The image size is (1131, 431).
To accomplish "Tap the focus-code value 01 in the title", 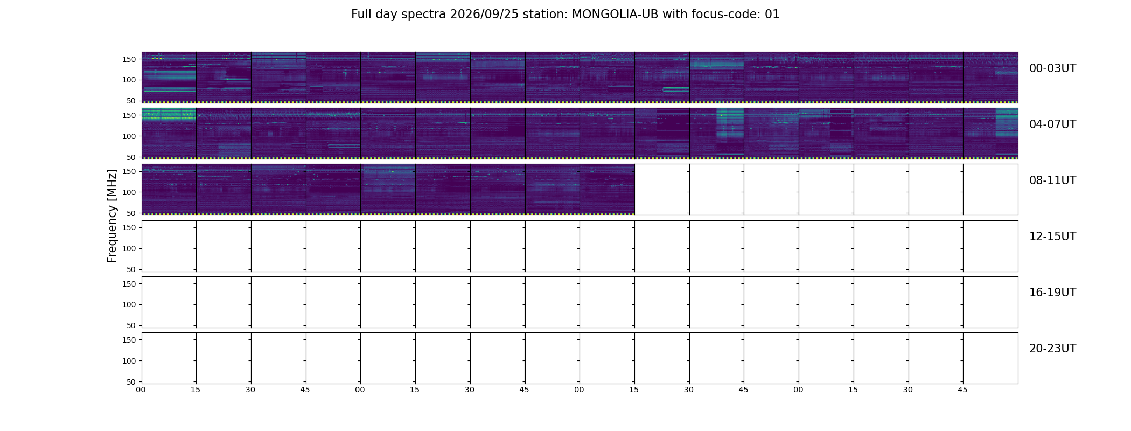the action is click(772, 15).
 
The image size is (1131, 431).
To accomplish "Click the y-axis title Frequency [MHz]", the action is click(112, 215).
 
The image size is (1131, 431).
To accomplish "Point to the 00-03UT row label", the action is click(1052, 68).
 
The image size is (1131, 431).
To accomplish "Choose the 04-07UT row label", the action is click(1052, 124).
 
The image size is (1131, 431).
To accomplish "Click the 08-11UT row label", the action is click(1052, 180).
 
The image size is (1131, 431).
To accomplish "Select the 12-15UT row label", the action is click(1052, 237).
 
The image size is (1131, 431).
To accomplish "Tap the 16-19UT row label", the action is click(1052, 293).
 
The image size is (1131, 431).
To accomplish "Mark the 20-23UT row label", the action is click(1052, 349).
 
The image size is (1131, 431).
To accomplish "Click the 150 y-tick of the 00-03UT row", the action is click(129, 59).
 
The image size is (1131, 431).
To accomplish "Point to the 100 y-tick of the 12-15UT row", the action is click(129, 248).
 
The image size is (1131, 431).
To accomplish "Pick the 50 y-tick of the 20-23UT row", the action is click(131, 382).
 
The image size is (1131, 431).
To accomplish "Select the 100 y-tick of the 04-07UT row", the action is click(129, 136).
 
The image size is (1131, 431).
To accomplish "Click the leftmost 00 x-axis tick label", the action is click(141, 390).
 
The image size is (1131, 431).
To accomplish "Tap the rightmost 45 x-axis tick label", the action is click(962, 390).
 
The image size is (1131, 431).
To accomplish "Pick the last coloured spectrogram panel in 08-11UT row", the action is click(607, 189).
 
